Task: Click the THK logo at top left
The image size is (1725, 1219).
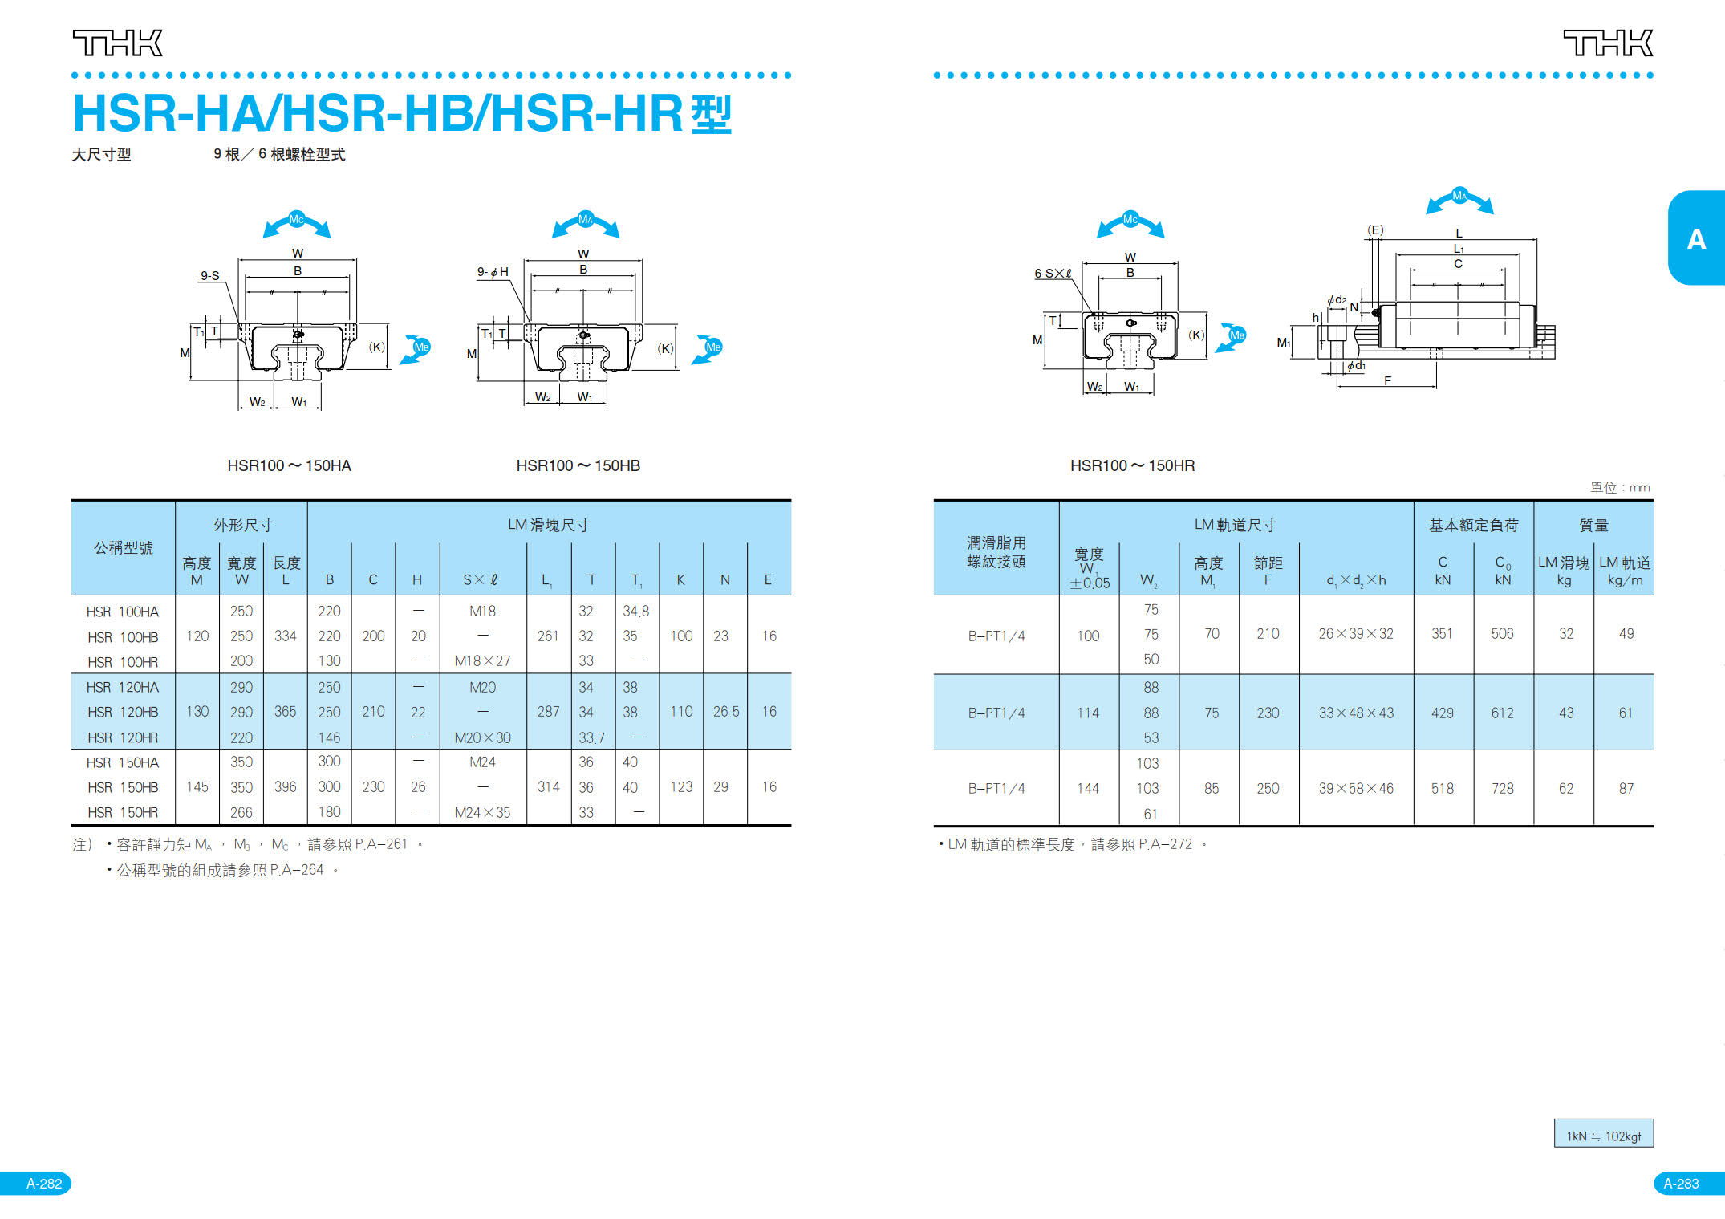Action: pyautogui.click(x=118, y=43)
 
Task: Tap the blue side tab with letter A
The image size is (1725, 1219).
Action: pyautogui.click(x=1695, y=238)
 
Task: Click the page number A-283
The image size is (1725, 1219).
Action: pyautogui.click(x=1681, y=1183)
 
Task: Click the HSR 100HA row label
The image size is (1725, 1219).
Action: pyautogui.click(x=123, y=612)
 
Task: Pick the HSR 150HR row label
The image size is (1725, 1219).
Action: pyautogui.click(x=123, y=812)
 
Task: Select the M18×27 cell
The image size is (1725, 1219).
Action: pyautogui.click(x=482, y=661)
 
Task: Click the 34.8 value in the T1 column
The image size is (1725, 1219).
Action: pyautogui.click(x=635, y=612)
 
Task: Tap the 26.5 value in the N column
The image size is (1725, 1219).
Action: pyautogui.click(x=725, y=712)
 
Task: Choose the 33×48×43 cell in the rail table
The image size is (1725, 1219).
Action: pyautogui.click(x=1355, y=713)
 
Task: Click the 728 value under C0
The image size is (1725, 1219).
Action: pyautogui.click(x=1502, y=788)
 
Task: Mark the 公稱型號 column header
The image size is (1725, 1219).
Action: pyautogui.click(x=124, y=547)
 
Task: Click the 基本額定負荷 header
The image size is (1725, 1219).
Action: pyautogui.click(x=1473, y=526)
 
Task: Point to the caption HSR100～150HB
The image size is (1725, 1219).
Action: pyautogui.click(x=578, y=465)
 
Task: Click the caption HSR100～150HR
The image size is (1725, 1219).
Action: pyautogui.click(x=1132, y=465)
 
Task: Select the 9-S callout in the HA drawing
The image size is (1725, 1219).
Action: pyautogui.click(x=210, y=275)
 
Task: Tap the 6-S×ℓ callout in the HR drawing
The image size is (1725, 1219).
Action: pyautogui.click(x=1053, y=274)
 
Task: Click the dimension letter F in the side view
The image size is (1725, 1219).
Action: pyautogui.click(x=1387, y=381)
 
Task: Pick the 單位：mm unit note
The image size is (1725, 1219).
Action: pyautogui.click(x=1619, y=487)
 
